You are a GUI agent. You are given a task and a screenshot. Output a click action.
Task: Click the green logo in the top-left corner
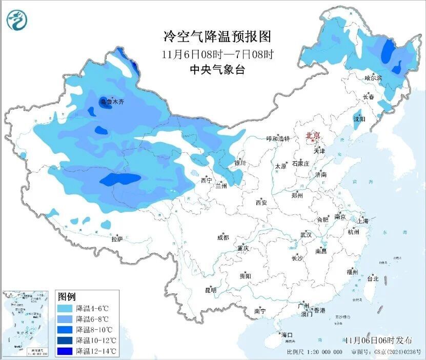pyautogui.click(x=16, y=20)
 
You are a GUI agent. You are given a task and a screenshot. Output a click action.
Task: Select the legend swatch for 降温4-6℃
pyautogui.click(x=65, y=308)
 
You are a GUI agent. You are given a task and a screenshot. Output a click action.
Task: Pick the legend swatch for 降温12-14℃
pyautogui.click(x=65, y=351)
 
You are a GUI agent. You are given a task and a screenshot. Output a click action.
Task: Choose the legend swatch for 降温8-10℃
pyautogui.click(x=65, y=330)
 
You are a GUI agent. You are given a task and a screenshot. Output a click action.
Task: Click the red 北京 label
pyautogui.click(x=313, y=136)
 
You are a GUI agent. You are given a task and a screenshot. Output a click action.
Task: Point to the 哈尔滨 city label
pyautogui.click(x=373, y=78)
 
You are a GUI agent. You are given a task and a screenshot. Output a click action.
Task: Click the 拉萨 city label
pyautogui.click(x=117, y=238)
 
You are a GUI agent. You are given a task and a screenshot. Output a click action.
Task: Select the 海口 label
pyautogui.click(x=287, y=335)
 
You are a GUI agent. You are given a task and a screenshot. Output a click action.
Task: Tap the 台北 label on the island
pyautogui.click(x=372, y=279)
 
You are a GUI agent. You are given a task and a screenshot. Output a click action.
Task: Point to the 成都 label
pyautogui.click(x=223, y=237)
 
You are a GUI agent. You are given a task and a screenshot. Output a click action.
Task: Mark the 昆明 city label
pyautogui.click(x=211, y=290)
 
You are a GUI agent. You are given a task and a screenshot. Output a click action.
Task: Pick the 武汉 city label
pyautogui.click(x=306, y=234)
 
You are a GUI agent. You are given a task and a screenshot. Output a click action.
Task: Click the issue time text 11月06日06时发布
pyautogui.click(x=378, y=340)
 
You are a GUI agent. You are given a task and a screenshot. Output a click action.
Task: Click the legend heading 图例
pyautogui.click(x=67, y=296)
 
